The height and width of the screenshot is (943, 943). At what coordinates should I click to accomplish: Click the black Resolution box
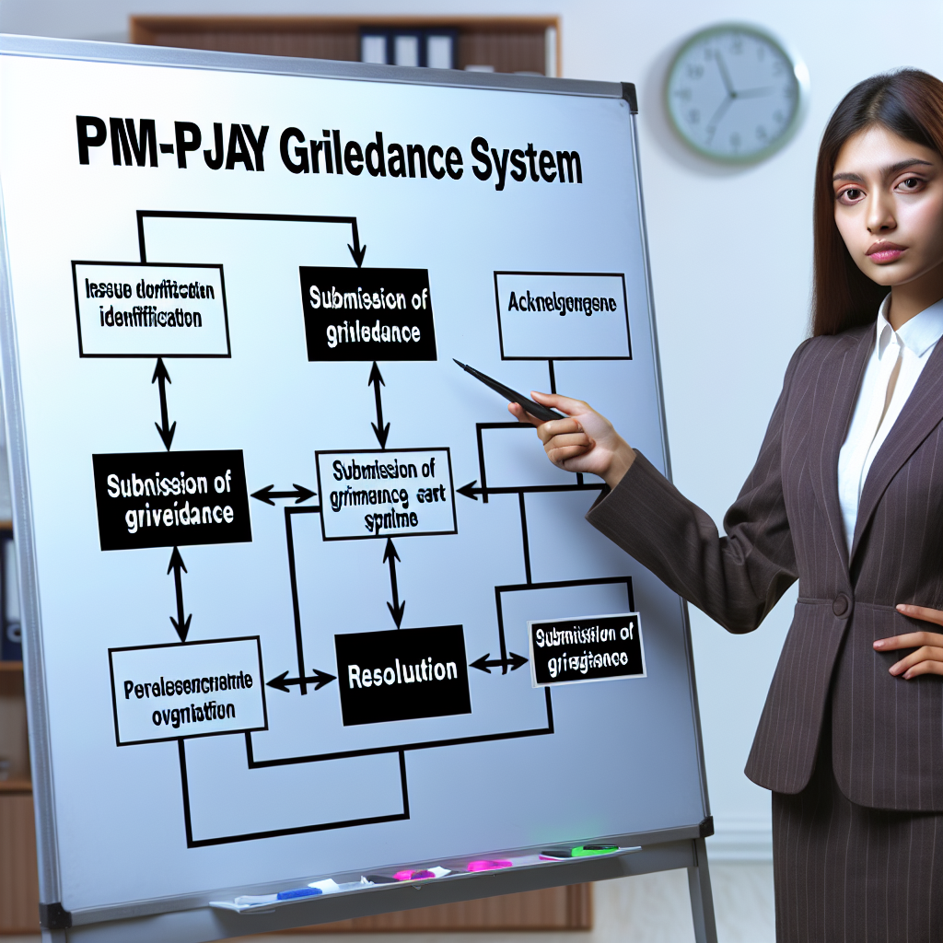402,673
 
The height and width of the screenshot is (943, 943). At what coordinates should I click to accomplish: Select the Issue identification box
151,308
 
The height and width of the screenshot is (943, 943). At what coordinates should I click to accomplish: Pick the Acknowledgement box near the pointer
563,314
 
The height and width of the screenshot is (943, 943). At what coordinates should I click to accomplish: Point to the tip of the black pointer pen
456,362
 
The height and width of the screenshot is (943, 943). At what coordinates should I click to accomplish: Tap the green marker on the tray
593,849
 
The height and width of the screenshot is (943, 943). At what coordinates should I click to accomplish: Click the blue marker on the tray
298,892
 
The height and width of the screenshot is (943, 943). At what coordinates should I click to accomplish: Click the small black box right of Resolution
586,649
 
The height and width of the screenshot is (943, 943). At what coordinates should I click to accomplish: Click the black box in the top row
367,313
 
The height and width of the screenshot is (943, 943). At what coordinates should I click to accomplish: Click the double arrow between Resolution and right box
498,661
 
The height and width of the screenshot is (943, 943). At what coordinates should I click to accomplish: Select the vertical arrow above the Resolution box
393,582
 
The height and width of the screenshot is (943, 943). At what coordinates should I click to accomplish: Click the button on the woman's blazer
840,605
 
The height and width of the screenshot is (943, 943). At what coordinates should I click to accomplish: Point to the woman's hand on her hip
912,640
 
